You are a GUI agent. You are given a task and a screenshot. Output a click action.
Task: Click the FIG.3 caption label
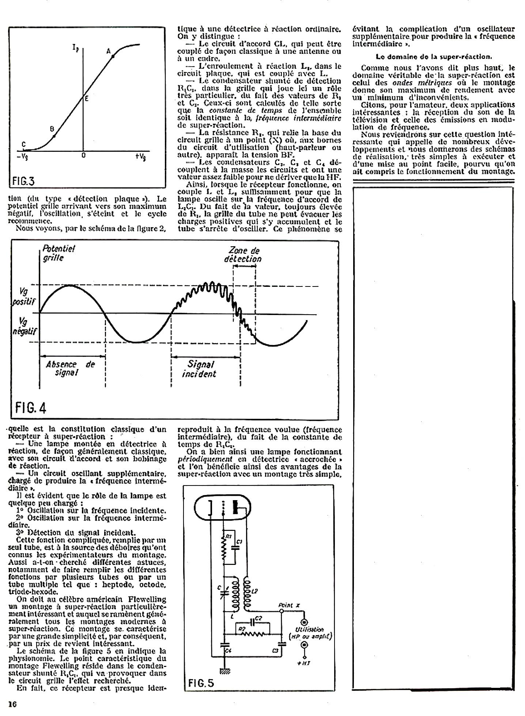pyautogui.click(x=23, y=181)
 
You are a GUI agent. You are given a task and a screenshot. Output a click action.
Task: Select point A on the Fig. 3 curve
pyautogui.click(x=113, y=56)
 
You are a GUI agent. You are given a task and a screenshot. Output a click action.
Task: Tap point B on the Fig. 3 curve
pyautogui.click(x=54, y=136)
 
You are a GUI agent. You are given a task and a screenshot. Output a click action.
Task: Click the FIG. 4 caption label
pyautogui.click(x=31, y=408)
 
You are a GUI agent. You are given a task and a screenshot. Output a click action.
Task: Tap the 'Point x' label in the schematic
pyautogui.click(x=289, y=605)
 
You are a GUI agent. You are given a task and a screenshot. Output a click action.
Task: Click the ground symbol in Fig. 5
pyautogui.click(x=224, y=671)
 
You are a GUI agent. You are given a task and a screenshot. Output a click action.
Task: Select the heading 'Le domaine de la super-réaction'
pyautogui.click(x=434, y=56)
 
